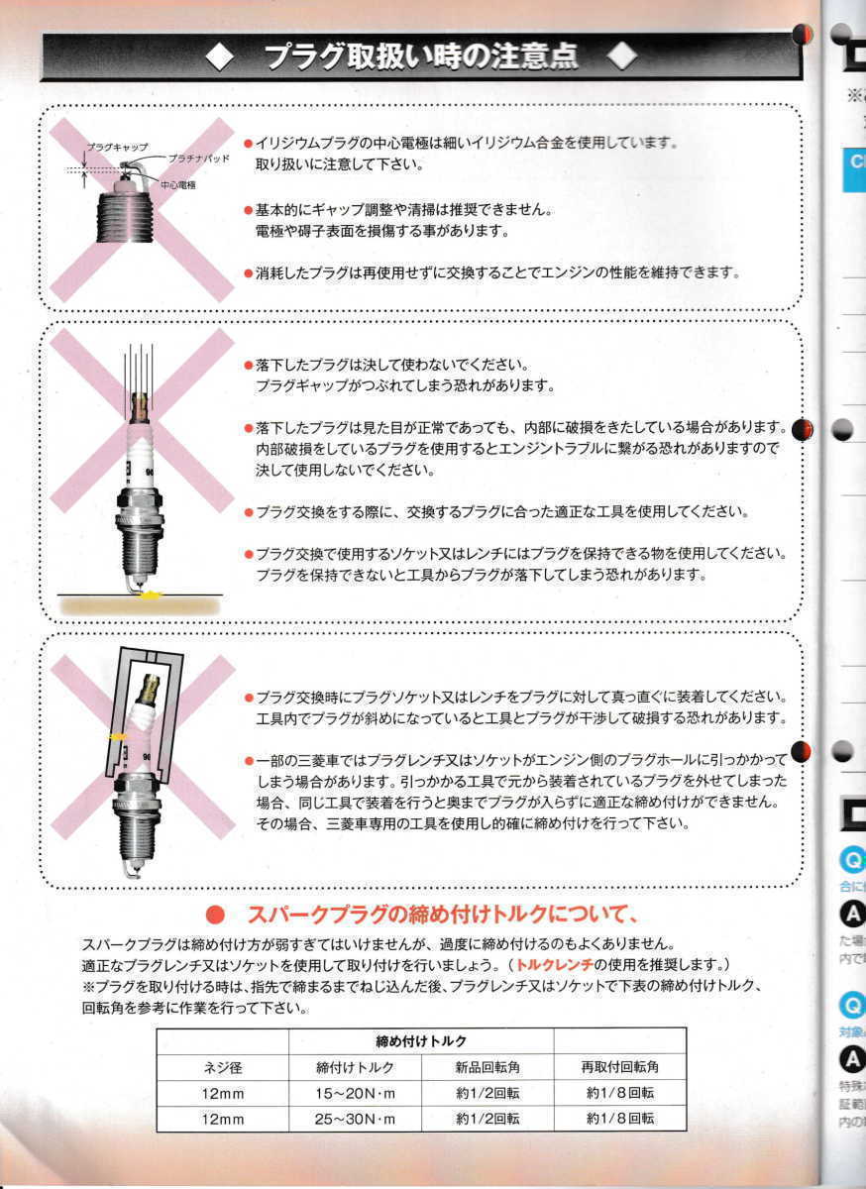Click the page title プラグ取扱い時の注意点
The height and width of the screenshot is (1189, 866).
(x=421, y=56)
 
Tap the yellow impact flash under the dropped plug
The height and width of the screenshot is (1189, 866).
(x=150, y=594)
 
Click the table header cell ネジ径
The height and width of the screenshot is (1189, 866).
(x=222, y=1067)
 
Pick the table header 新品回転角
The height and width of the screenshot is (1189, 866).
(x=487, y=1067)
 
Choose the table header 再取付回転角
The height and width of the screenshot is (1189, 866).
(x=619, y=1067)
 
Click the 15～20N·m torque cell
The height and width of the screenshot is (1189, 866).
(x=355, y=1093)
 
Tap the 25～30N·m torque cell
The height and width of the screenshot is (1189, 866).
(x=355, y=1119)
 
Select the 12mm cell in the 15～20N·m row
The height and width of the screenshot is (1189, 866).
(x=222, y=1093)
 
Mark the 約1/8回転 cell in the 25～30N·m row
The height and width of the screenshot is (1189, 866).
(x=619, y=1119)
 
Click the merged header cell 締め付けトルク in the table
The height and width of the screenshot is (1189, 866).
(x=421, y=1041)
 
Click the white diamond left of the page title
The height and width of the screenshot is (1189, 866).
(x=220, y=57)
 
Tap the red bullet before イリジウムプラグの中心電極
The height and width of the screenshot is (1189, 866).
(x=248, y=144)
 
